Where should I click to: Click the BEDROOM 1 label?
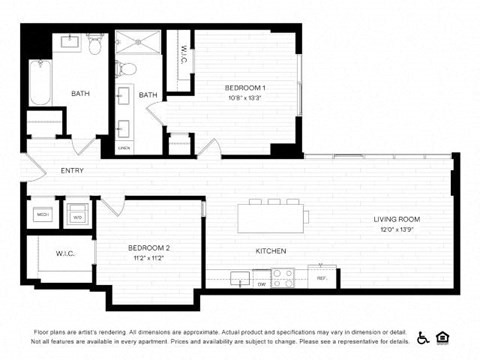click(x=245, y=88)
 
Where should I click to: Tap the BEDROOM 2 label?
click(x=149, y=247)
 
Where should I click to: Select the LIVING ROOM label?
click(x=396, y=219)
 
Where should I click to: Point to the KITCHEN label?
click(x=271, y=250)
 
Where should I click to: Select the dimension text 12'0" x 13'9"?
click(x=397, y=230)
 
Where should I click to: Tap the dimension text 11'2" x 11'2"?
click(x=149, y=258)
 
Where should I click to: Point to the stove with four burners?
click(x=283, y=278)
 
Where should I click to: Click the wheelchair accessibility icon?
click(x=424, y=337)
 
